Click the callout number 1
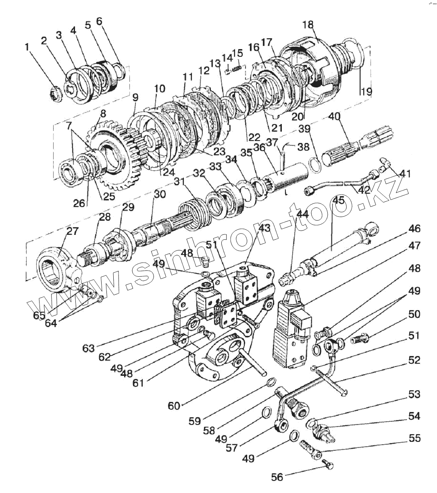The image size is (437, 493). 27,47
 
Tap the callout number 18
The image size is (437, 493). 308,25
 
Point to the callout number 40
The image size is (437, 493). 335,117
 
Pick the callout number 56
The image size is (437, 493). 277,477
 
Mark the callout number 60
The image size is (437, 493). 174,406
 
